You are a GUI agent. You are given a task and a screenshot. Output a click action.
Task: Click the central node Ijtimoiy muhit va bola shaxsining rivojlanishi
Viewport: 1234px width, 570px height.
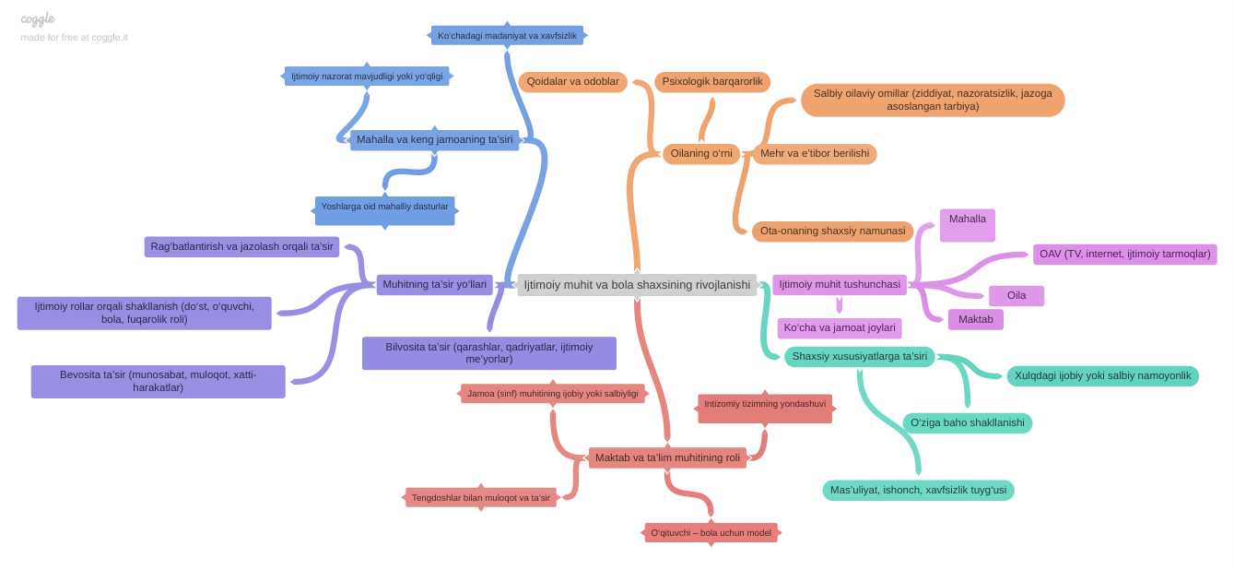(x=637, y=285)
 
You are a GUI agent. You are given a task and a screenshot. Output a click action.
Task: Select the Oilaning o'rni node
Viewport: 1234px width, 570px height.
(x=701, y=154)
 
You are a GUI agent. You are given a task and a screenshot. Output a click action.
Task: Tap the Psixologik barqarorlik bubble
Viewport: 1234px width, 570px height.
(x=712, y=81)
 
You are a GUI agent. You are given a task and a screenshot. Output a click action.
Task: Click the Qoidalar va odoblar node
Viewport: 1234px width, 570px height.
(x=573, y=81)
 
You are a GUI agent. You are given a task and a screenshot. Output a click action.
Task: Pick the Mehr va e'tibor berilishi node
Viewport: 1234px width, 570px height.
(x=815, y=154)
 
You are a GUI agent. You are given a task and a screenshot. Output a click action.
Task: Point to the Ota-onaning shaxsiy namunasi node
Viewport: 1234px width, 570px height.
(x=832, y=231)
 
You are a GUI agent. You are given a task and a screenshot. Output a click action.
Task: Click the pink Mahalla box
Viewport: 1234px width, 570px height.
(x=968, y=225)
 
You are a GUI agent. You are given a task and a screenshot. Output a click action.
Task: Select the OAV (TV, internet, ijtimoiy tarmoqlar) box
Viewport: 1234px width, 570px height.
(x=1125, y=255)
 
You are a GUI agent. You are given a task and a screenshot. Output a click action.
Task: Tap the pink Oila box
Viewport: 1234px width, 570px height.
(x=1017, y=295)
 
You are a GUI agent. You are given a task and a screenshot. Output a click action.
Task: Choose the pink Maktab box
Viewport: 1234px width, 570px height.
(x=976, y=319)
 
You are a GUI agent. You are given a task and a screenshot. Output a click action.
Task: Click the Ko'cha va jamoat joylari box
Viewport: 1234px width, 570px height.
(x=840, y=328)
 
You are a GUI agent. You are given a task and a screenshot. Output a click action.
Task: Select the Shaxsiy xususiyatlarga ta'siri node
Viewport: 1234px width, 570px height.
(x=860, y=357)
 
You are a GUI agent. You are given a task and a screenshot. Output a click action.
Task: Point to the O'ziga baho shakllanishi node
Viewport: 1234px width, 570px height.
(x=968, y=422)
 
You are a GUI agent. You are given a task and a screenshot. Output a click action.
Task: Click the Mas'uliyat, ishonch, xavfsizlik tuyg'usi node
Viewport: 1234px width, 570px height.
(x=918, y=490)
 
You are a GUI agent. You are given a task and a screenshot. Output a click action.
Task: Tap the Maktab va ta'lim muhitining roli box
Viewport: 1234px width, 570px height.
(x=667, y=457)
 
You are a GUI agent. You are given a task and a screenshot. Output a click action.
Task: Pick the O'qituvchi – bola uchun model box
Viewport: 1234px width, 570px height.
(x=711, y=533)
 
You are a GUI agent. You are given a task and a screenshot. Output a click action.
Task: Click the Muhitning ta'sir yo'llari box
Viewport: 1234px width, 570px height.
(x=435, y=284)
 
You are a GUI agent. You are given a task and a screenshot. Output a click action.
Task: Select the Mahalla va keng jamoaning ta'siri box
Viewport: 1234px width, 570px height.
(x=435, y=140)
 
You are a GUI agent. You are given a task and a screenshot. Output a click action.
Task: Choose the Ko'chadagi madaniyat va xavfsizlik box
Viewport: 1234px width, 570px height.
(x=507, y=36)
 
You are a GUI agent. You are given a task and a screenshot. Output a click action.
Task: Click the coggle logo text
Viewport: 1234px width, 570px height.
(x=38, y=19)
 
